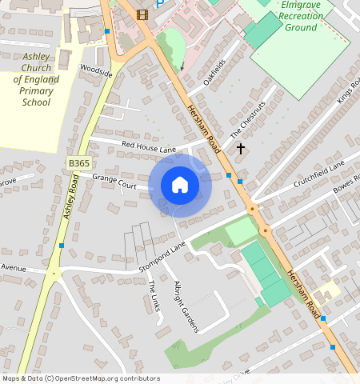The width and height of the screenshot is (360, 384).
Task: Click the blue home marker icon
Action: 180,186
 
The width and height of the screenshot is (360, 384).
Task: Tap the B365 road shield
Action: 78,163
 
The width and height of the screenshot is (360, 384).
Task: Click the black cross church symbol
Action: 240,148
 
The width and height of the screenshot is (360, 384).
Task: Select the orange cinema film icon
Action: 142,14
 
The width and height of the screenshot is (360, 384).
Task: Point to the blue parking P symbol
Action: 160,4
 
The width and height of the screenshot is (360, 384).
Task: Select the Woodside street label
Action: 96,71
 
